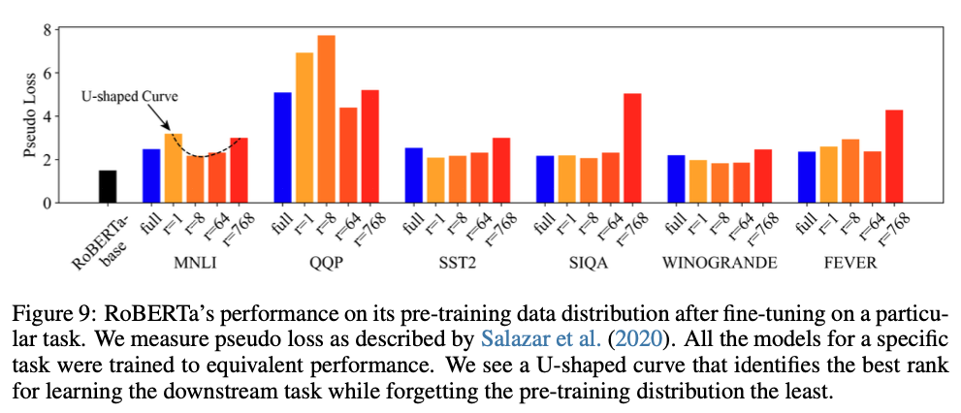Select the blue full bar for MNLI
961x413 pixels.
pyautogui.click(x=151, y=175)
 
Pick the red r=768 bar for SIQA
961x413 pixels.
pyautogui.click(x=631, y=147)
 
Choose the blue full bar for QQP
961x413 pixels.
pyautogui.click(x=282, y=147)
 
